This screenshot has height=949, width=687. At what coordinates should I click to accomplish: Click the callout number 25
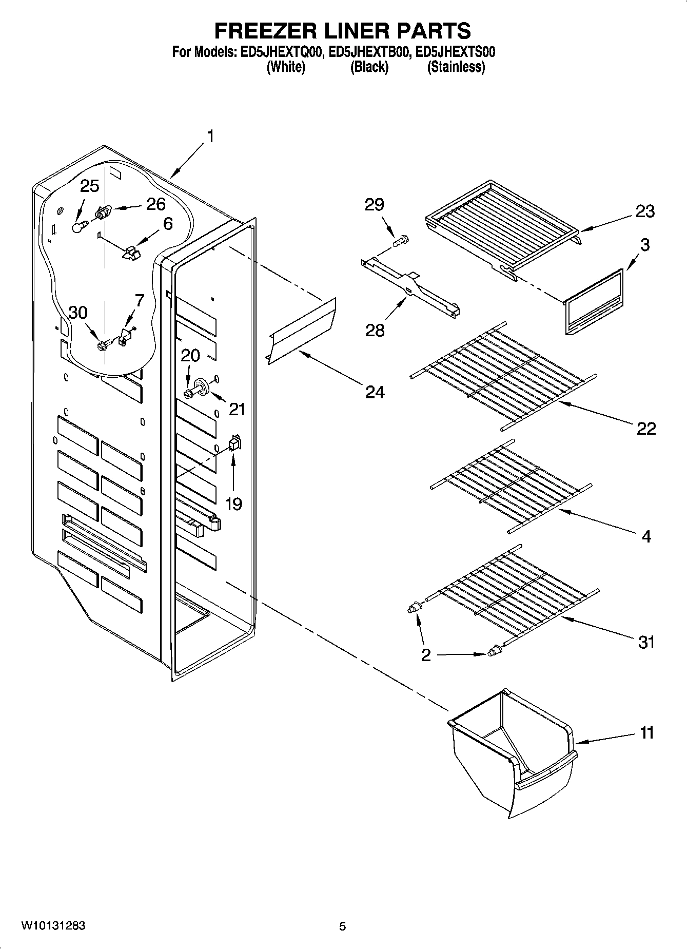tap(90, 186)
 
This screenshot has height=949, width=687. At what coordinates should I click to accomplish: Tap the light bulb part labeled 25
tap(77, 227)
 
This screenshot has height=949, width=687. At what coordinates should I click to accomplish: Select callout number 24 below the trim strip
tap(375, 392)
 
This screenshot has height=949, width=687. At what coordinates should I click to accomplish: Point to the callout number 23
tap(645, 211)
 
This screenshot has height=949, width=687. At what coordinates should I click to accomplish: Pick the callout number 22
tap(646, 428)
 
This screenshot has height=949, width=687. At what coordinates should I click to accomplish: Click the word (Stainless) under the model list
tap(456, 67)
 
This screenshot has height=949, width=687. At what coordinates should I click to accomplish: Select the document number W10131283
tap(53, 926)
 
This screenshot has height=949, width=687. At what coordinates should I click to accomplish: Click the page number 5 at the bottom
tap(342, 926)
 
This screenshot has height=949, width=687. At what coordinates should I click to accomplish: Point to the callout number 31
tap(646, 642)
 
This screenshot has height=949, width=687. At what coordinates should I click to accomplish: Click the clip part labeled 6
tap(131, 251)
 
